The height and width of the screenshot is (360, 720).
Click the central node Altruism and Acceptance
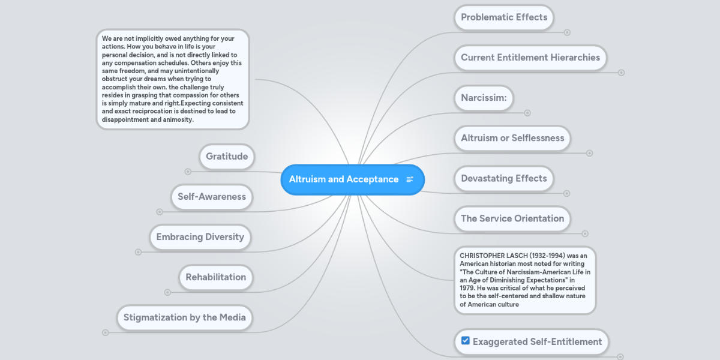(x=344, y=179)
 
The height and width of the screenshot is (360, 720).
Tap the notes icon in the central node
(x=410, y=179)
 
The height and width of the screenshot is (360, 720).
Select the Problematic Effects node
(x=504, y=17)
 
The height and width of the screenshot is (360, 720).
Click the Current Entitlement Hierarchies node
(x=530, y=58)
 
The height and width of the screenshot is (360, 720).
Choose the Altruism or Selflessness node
(x=512, y=138)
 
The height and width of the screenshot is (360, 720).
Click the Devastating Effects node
(x=504, y=178)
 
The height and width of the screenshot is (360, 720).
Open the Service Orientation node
(x=512, y=218)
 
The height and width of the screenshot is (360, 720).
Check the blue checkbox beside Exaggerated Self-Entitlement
(x=466, y=341)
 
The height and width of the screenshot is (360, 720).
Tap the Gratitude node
(x=227, y=157)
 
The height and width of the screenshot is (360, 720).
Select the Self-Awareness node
(x=212, y=197)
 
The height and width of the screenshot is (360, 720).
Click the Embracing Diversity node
(x=200, y=237)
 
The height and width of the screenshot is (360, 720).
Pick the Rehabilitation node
(x=216, y=277)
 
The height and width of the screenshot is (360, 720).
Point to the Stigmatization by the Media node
(x=185, y=317)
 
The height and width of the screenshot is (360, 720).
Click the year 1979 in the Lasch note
(x=469, y=288)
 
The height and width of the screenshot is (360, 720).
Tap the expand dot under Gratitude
(x=188, y=172)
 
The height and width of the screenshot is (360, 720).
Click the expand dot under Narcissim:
(x=527, y=113)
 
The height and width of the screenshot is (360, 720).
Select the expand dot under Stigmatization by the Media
(x=106, y=332)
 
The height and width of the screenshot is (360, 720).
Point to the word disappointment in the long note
(x=129, y=119)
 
